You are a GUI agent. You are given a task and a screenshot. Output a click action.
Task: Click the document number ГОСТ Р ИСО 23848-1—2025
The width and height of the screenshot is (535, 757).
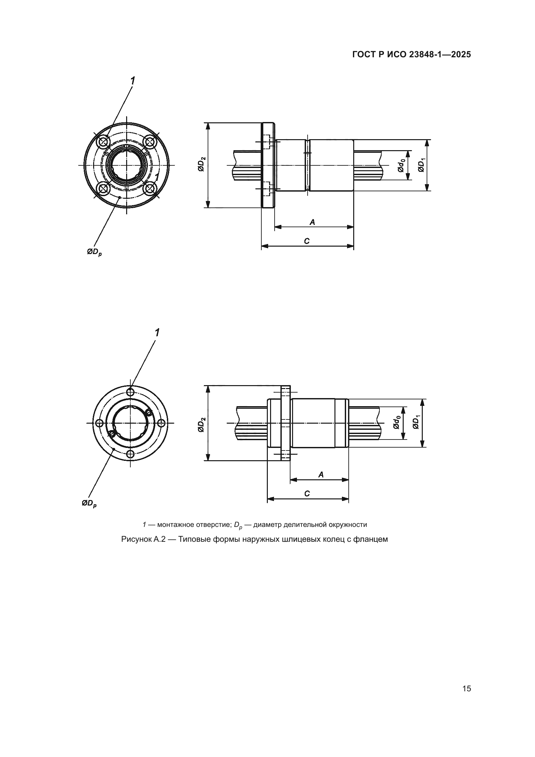point(411,54)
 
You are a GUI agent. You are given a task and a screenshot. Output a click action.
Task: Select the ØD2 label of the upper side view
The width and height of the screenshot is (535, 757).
point(201,164)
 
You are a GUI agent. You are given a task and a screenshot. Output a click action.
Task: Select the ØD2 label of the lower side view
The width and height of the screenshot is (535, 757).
point(201,424)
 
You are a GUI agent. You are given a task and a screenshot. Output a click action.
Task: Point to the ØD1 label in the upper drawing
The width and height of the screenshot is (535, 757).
point(421,165)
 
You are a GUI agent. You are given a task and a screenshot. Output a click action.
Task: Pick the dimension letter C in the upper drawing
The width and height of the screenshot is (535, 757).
point(307,241)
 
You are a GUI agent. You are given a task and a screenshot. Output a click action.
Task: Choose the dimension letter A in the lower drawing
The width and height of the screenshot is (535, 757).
point(321,474)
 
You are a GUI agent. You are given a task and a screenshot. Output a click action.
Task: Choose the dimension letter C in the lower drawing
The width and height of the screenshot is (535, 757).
point(307,494)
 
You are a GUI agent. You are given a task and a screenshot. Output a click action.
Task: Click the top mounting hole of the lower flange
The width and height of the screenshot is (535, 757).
point(131,392)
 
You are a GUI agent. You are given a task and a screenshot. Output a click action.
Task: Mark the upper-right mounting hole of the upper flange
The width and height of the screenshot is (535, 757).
point(150,142)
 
